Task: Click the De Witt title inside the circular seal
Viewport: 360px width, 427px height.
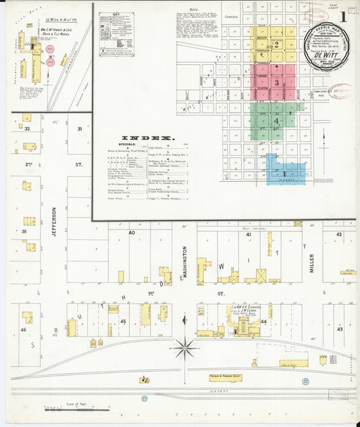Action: click(326, 57)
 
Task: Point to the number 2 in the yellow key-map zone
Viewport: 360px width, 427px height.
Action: click(275, 45)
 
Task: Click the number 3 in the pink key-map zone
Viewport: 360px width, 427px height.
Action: click(276, 82)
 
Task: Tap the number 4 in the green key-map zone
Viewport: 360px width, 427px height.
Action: click(276, 120)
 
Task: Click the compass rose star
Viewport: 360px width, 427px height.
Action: click(184, 347)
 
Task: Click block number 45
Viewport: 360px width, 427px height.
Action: click(123, 321)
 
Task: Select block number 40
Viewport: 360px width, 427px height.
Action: click(132, 233)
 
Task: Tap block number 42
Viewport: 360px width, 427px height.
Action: click(339, 234)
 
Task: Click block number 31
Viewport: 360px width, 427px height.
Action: click(79, 128)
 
